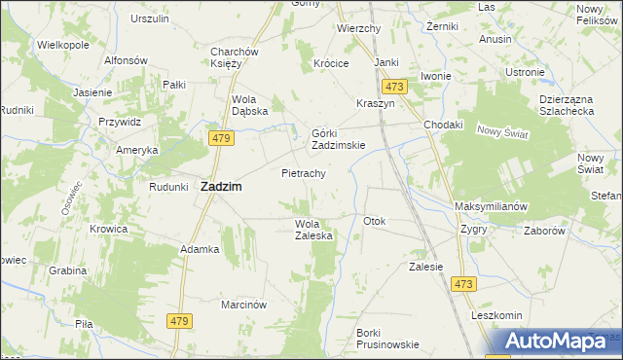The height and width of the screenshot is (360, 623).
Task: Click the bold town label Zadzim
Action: pyautogui.click(x=221, y=187)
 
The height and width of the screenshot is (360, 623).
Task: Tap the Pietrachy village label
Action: pyautogui.click(x=302, y=173)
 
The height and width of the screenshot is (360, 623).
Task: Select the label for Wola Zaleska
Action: pyautogui.click(x=314, y=230)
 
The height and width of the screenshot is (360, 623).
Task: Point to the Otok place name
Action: pyautogui.click(x=375, y=221)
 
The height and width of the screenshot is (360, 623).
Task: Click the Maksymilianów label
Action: pyautogui.click(x=491, y=207)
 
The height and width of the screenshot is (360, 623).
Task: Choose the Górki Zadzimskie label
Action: pyautogui.click(x=338, y=139)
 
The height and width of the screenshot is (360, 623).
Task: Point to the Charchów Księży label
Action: pyautogui.click(x=233, y=58)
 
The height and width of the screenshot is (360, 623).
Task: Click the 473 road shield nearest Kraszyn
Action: pyautogui.click(x=393, y=87)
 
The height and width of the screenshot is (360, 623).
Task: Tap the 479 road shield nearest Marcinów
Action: pyautogui.click(x=178, y=322)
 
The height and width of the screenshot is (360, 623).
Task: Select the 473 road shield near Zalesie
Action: pyautogui.click(x=463, y=283)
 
